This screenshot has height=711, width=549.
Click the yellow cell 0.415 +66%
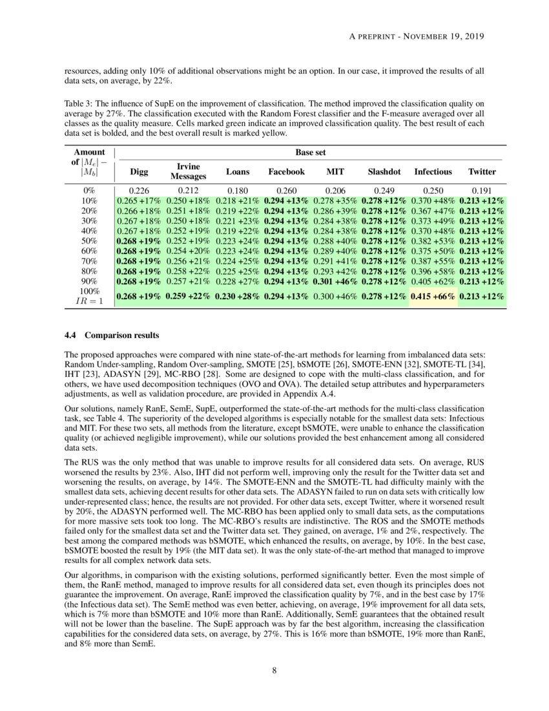(x=433, y=296)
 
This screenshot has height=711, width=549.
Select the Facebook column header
(x=286, y=172)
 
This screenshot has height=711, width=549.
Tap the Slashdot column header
(x=384, y=172)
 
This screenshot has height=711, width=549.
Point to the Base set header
(x=309, y=153)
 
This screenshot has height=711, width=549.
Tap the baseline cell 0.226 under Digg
(x=139, y=191)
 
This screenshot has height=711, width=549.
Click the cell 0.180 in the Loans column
(x=237, y=191)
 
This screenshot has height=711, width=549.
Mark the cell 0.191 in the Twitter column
(x=482, y=191)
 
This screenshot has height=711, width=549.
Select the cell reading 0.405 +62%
(x=433, y=281)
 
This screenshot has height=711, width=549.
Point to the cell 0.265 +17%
(x=139, y=201)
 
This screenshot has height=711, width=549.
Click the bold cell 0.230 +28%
(x=237, y=296)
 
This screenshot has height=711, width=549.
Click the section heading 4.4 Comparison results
(x=111, y=335)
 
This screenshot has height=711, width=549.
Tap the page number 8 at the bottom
(x=274, y=670)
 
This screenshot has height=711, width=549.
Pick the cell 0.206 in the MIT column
(x=335, y=191)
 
